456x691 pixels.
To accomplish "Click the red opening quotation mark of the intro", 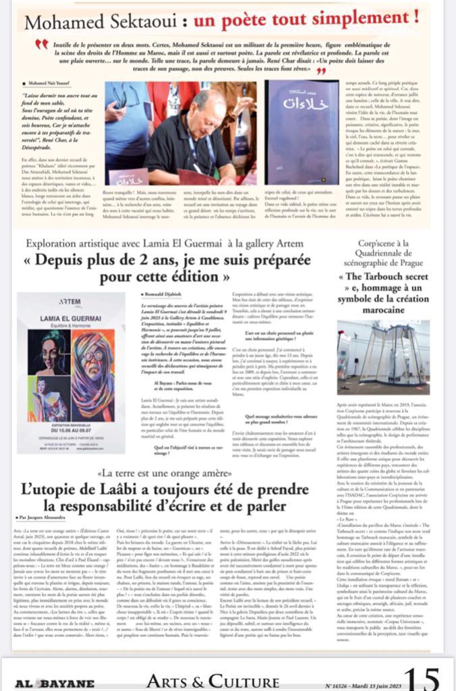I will tap(42, 44).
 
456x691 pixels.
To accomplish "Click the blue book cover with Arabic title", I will tap(302, 133).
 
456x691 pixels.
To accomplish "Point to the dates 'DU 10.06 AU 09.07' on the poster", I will tap(70, 412).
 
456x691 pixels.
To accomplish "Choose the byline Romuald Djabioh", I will tap(164, 295).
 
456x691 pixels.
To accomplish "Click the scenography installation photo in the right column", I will tap(393, 357).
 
